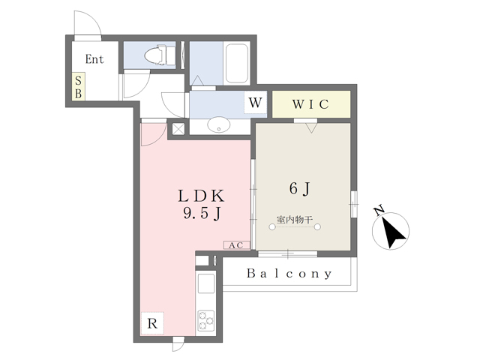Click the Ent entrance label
click(x=94, y=59)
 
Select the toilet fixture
click(x=157, y=55)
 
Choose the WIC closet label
click(x=311, y=104)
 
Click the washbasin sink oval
click(x=219, y=124)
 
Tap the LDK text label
click(x=202, y=195)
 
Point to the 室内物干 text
click(x=294, y=220)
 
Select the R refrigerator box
click(x=152, y=324)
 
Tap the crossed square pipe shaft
click(x=178, y=127)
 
